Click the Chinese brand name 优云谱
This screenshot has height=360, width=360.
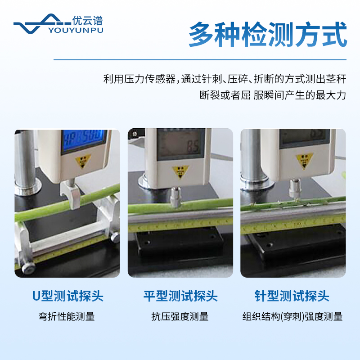pos(87,20)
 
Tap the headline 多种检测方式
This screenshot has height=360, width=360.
pos(268,34)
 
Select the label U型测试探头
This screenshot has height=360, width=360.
pos(67,296)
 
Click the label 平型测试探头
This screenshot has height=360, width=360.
pos(180,296)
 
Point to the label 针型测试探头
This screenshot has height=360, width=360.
pos(292,296)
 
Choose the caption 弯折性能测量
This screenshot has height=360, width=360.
pos(67,316)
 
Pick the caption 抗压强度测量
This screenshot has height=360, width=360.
pos(180,316)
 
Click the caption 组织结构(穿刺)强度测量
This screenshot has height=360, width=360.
pos(292,316)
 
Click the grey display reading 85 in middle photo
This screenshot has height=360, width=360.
pos(182,144)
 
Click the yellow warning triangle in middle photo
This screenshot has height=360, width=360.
pos(181,171)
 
